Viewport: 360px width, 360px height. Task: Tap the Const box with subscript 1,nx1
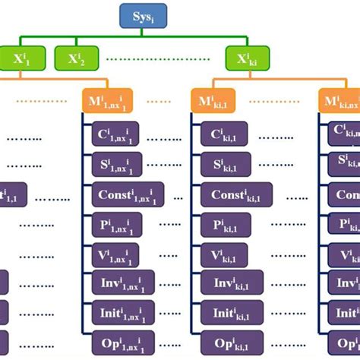(x=129, y=194)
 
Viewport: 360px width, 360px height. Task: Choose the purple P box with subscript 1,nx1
(x=118, y=224)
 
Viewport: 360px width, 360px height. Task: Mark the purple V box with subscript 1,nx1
(x=118, y=253)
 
